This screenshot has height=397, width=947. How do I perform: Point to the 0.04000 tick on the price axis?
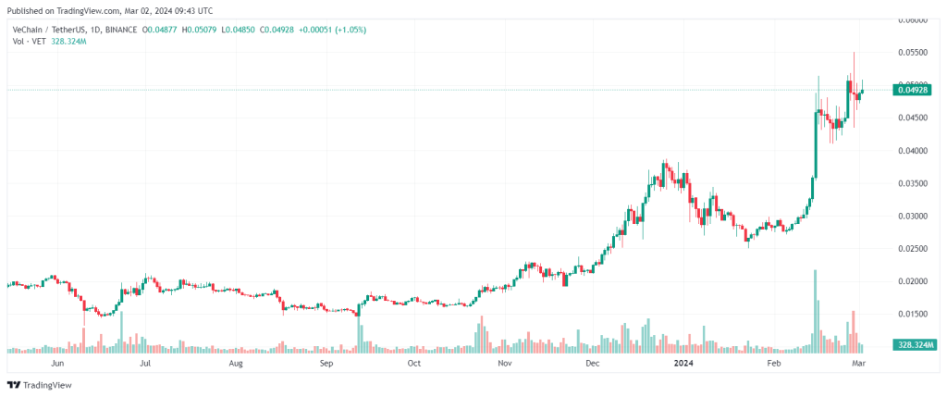click(x=911, y=150)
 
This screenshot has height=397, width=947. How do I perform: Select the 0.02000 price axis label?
click(x=911, y=281)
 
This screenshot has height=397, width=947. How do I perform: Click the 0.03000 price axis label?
click(x=911, y=216)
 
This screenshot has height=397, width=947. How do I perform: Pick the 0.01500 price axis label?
click(x=911, y=314)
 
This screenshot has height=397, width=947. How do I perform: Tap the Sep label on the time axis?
click(x=326, y=364)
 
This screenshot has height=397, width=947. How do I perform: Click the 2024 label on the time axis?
click(x=683, y=364)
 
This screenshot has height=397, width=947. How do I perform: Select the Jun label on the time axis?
click(x=57, y=364)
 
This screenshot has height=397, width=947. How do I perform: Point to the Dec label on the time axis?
click(x=593, y=364)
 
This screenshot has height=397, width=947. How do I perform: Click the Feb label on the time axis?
click(x=773, y=364)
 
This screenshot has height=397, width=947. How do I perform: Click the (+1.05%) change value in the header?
click(x=350, y=30)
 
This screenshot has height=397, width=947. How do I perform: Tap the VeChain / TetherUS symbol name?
click(x=47, y=30)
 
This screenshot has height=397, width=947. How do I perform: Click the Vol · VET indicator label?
click(x=28, y=43)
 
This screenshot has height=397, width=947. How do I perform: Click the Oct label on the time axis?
click(x=413, y=364)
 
